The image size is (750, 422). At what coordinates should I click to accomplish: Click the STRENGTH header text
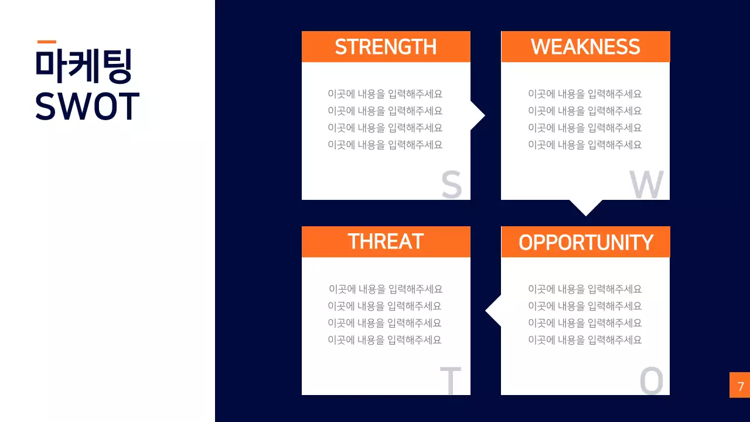click(x=386, y=46)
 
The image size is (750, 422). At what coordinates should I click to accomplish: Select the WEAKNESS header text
click(x=585, y=46)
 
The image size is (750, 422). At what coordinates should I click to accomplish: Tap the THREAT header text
click(x=386, y=241)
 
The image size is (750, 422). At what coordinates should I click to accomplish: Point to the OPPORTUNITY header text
click(x=585, y=242)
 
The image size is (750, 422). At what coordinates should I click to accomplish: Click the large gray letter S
click(x=452, y=184)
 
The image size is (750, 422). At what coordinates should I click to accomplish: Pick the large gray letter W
click(x=646, y=184)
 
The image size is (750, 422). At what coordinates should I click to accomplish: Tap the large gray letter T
click(x=451, y=380)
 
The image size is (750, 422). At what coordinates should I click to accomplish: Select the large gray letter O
click(x=651, y=380)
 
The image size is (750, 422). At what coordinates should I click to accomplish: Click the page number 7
click(x=741, y=386)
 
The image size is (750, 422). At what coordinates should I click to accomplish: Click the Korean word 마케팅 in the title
click(x=84, y=66)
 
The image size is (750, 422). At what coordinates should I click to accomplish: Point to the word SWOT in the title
click(x=87, y=106)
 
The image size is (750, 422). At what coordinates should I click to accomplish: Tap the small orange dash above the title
click(x=47, y=42)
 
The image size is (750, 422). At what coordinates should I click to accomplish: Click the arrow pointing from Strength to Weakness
click(x=478, y=115)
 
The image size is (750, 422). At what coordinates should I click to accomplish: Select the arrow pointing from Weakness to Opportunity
click(x=586, y=207)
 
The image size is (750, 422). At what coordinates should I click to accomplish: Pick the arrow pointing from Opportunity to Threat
click(x=493, y=311)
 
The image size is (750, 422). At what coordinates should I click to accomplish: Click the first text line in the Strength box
click(x=385, y=94)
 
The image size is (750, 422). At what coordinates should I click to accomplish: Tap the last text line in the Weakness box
click(x=585, y=145)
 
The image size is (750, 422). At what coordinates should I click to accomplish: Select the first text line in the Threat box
click(x=386, y=289)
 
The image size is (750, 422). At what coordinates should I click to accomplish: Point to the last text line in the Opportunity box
click(x=585, y=340)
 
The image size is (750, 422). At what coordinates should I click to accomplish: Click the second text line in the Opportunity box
click(x=585, y=306)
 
